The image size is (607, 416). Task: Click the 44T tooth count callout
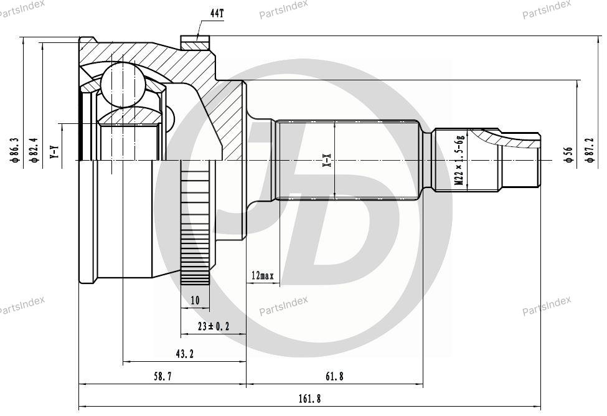(x=217, y=14)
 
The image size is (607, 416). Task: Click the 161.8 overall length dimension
(x=309, y=398)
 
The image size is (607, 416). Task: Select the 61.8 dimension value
(x=334, y=376)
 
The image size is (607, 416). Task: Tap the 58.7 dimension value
(x=162, y=376)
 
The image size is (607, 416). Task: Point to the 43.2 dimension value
(x=184, y=353)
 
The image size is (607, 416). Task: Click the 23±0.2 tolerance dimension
(x=214, y=326)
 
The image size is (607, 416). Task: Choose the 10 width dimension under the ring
(x=195, y=300)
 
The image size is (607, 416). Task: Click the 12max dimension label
(x=263, y=275)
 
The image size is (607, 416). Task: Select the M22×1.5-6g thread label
(x=459, y=160)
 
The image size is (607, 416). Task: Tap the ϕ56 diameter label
(x=568, y=154)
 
